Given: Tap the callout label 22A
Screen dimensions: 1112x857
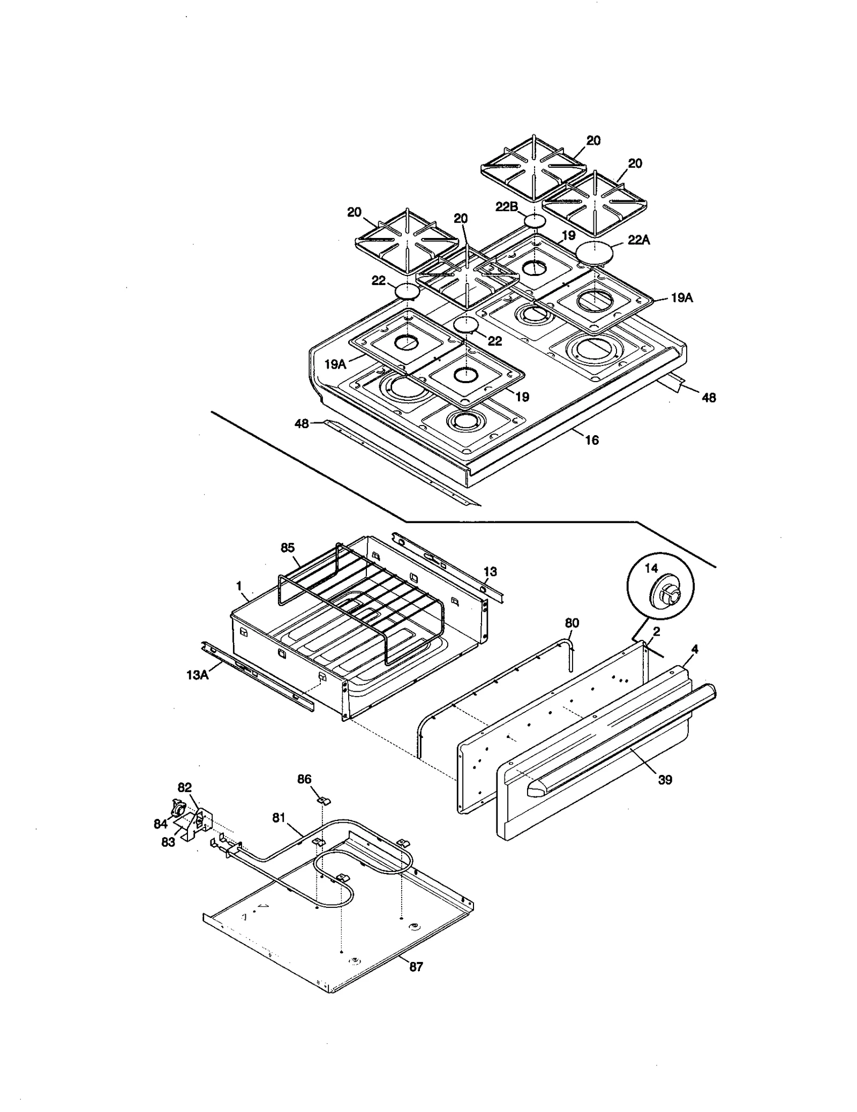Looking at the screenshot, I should pyautogui.click(x=638, y=240).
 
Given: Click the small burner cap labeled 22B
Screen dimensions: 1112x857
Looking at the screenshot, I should pyautogui.click(x=534, y=220).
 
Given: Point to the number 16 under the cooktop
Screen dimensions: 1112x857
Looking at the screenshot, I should pyautogui.click(x=591, y=440).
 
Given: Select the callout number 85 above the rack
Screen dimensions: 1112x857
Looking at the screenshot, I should pyautogui.click(x=288, y=548).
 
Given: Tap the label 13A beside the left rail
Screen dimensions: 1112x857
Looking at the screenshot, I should pyautogui.click(x=197, y=675).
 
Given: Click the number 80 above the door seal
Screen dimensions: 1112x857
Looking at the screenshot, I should pyautogui.click(x=572, y=623).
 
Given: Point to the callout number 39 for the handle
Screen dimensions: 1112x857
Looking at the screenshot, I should pyautogui.click(x=665, y=780).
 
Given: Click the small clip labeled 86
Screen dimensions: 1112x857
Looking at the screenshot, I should pyautogui.click(x=323, y=800).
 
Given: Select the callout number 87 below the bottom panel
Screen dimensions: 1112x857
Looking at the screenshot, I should pyautogui.click(x=416, y=967).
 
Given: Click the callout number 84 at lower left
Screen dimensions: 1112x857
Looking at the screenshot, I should pyautogui.click(x=160, y=824).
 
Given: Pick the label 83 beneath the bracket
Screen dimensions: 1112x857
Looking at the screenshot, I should pyautogui.click(x=168, y=842).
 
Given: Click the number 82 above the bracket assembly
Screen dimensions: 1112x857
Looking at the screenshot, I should pyautogui.click(x=184, y=787).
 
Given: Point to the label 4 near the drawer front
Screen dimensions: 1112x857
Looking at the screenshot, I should pyautogui.click(x=695, y=649).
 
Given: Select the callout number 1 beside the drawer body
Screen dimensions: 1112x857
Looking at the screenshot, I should pyautogui.click(x=239, y=585).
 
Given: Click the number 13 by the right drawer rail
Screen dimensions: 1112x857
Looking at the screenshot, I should pyautogui.click(x=490, y=572).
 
